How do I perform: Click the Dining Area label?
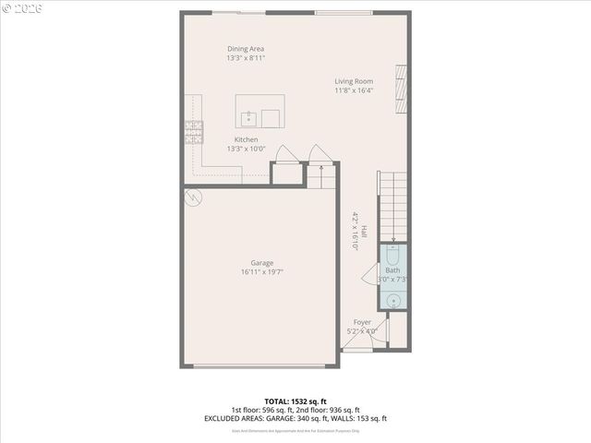246,49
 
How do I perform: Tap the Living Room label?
354,81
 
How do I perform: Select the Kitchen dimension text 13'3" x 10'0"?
246,149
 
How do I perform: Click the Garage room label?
262,263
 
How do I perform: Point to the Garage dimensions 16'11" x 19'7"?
262,272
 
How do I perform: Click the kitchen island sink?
248,117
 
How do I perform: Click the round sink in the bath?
392,299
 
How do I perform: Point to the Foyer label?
362,323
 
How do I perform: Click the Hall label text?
364,233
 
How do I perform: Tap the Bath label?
393,269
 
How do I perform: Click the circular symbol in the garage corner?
193,196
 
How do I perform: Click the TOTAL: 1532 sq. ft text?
295,401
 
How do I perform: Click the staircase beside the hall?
392,207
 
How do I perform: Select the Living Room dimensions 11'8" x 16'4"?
354,90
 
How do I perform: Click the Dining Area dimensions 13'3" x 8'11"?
246,58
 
